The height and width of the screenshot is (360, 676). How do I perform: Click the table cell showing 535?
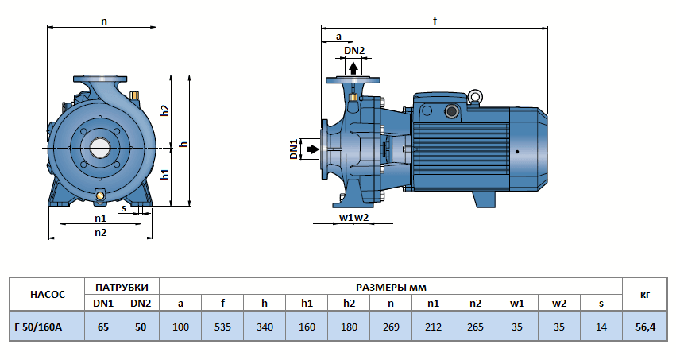(223, 325)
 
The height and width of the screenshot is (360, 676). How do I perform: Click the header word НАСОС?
(46, 294)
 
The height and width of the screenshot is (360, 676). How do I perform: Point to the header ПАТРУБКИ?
(122, 286)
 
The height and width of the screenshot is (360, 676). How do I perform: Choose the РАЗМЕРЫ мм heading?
(390, 286)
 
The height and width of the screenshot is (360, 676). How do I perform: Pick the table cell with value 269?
(390, 325)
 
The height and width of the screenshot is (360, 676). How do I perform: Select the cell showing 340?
(265, 325)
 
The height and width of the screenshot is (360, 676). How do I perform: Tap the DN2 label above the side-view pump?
(354, 51)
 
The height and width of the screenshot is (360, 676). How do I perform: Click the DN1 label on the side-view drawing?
(293, 149)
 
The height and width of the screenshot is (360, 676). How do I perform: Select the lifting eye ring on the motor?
(475, 98)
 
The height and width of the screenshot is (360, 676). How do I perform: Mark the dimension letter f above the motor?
(435, 21)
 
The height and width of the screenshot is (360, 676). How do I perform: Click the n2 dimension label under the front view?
(101, 232)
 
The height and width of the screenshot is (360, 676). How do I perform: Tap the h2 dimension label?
(165, 110)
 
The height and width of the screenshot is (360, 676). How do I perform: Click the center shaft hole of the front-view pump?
(102, 147)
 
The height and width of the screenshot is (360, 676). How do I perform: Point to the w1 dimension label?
(345, 217)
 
